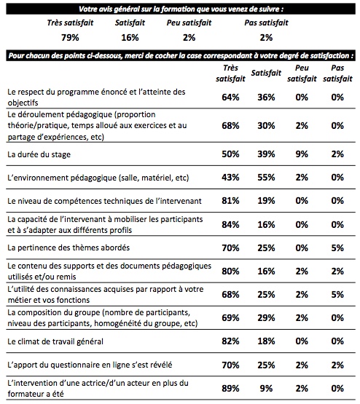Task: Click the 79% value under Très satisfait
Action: (70, 38)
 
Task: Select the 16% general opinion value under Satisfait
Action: (130, 38)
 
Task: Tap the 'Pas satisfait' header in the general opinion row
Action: (266, 23)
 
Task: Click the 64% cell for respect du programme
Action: (230, 97)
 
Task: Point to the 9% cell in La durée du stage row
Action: (302, 154)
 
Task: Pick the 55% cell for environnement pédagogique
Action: (266, 178)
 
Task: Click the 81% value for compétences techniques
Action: (230, 200)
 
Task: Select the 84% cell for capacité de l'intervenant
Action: (230, 224)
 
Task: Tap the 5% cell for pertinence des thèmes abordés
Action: (337, 248)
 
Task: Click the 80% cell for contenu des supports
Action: (230, 271)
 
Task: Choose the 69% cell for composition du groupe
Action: (230, 317)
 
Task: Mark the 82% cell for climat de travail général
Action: (230, 341)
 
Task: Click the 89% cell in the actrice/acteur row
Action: (230, 388)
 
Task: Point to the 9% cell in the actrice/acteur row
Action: (266, 388)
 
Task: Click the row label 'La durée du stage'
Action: (39, 154)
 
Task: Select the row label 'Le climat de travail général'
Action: (55, 341)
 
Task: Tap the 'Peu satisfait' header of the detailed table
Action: (302, 74)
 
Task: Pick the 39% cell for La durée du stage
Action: (266, 154)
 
